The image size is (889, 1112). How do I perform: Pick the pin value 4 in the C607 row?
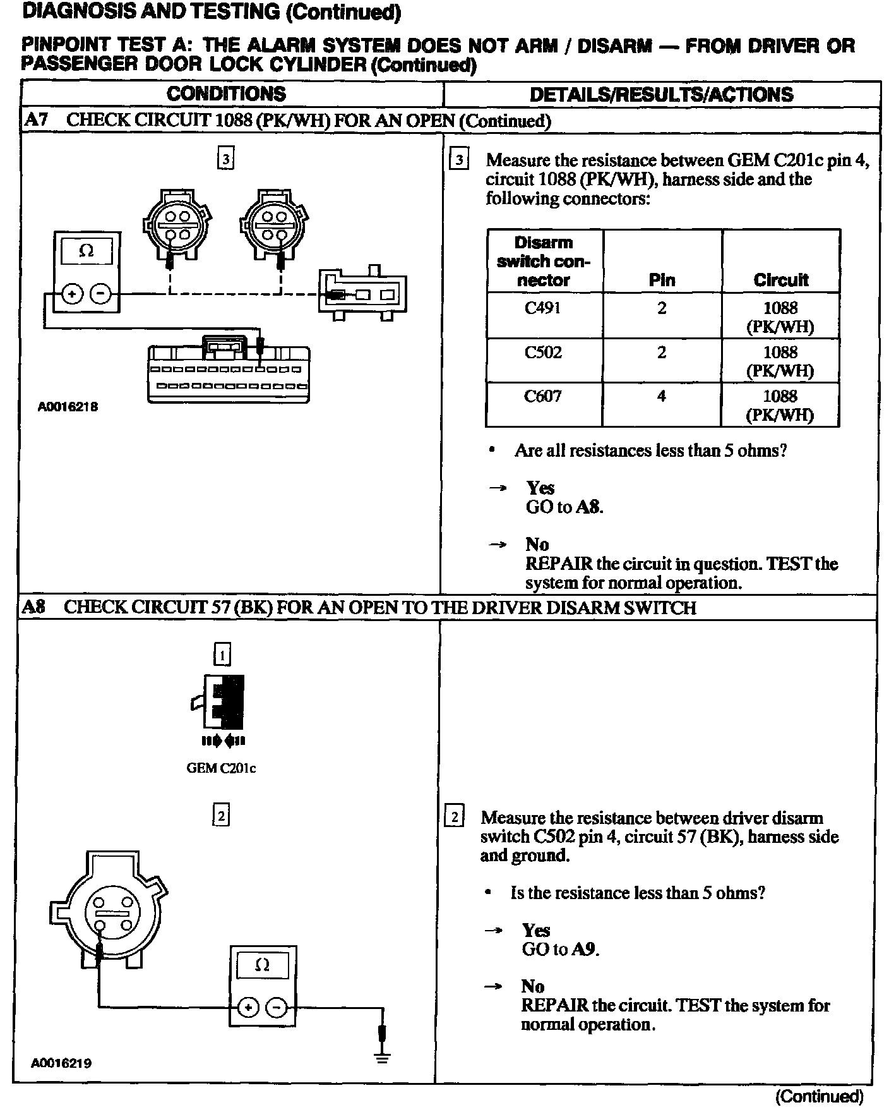[x=661, y=396]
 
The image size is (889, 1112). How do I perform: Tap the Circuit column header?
[x=780, y=280]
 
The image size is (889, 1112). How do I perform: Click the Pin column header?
[x=662, y=280]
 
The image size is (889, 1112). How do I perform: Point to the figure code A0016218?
[x=68, y=407]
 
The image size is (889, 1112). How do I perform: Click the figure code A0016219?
[x=61, y=1063]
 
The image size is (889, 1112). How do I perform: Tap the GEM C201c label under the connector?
[x=221, y=768]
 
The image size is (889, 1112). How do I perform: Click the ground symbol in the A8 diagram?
[x=382, y=1056]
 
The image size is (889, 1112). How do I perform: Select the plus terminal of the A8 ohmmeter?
[x=248, y=1007]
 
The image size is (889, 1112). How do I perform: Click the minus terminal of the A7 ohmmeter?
[x=101, y=294]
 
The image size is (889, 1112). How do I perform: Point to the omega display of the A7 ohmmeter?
[x=87, y=251]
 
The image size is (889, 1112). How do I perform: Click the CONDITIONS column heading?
[x=226, y=94]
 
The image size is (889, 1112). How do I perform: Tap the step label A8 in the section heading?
[x=33, y=607]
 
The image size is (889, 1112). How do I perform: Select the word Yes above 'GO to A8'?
[x=540, y=488]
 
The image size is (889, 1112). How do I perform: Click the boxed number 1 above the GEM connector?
[x=222, y=655]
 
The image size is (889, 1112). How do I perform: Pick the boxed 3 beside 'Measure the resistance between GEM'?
[x=458, y=159]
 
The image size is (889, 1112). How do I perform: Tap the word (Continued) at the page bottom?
[x=819, y=1095]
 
